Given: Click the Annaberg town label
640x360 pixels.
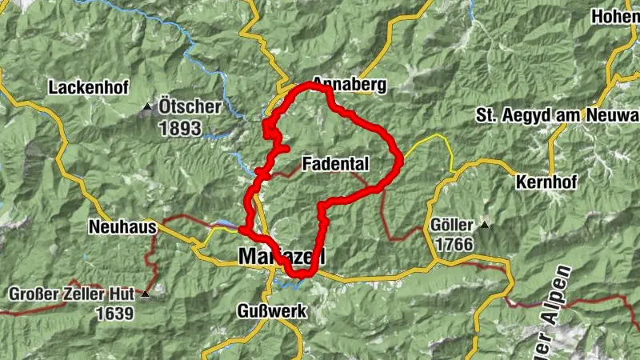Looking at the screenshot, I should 350,84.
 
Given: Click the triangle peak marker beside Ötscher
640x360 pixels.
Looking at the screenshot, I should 146,107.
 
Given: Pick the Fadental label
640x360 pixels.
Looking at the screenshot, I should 336,164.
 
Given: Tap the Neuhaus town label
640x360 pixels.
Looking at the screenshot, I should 122,227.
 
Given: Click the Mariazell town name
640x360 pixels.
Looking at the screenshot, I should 282,256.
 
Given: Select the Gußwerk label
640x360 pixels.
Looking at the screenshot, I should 272,311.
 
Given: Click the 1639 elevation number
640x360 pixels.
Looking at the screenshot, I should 114,314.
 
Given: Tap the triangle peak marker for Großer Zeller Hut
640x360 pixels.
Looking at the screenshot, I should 145,295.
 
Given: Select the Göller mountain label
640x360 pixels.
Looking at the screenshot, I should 452,225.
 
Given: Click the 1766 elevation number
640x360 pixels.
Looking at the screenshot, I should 451,244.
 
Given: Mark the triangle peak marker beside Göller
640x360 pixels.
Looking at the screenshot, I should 484,226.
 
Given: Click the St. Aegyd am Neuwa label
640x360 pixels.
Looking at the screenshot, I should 558,114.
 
